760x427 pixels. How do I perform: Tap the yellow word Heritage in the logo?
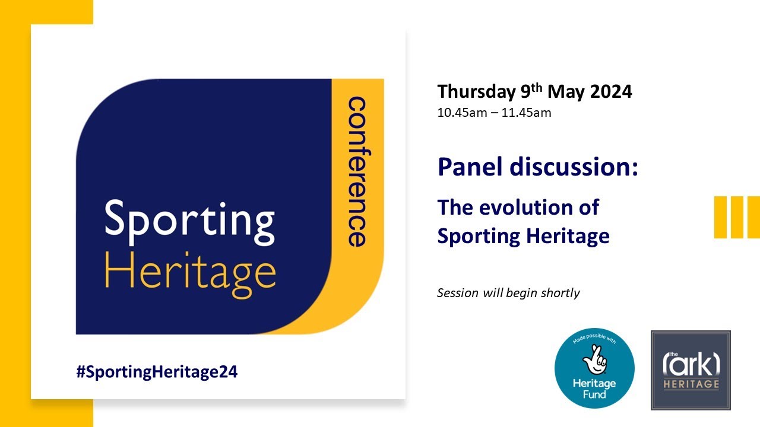click(190, 272)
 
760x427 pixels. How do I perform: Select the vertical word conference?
click(356, 172)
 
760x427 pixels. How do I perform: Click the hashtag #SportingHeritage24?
click(157, 372)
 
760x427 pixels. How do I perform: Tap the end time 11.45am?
click(527, 112)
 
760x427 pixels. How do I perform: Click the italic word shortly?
click(560, 293)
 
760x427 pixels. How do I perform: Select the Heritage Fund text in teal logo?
click(594, 388)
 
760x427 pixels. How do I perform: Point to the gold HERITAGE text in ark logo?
click(691, 385)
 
